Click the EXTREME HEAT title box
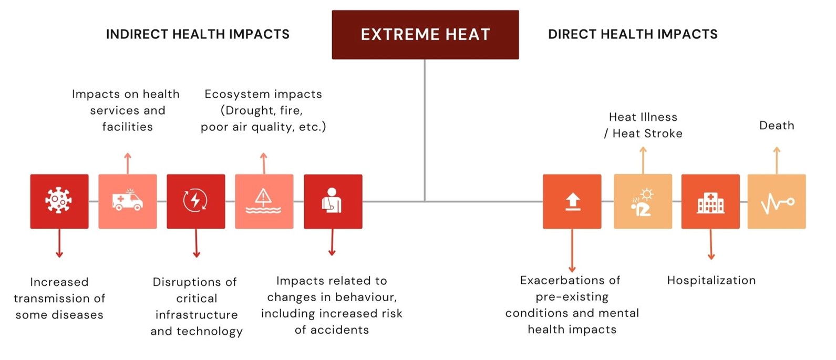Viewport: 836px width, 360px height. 425,35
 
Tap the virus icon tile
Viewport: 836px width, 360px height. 59,201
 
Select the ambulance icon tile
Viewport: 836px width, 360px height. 128,201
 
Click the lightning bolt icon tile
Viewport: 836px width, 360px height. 196,201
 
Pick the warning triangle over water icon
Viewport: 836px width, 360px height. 263,201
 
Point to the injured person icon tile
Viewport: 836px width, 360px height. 333,201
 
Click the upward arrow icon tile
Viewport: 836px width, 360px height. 572,201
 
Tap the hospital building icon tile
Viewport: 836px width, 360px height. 710,201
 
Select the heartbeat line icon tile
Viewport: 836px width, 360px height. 777,201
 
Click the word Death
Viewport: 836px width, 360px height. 777,126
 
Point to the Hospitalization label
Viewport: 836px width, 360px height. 711,281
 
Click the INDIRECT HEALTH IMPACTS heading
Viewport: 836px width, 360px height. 198,34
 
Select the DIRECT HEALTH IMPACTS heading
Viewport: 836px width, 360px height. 633,34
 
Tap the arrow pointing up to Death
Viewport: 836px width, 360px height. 777,160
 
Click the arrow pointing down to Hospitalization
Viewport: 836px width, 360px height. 711,244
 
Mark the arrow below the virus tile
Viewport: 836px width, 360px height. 59,243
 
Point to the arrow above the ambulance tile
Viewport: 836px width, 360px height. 128,163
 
